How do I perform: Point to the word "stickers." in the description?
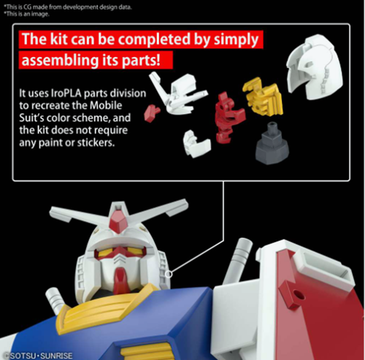tap(96, 142)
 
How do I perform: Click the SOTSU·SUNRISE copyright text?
tap(39, 356)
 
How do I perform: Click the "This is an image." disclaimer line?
tap(26, 14)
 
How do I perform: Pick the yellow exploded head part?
tap(264, 96)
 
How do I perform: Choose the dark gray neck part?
tap(272, 143)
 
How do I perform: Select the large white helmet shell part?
tap(315, 66)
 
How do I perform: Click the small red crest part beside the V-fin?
tap(151, 113)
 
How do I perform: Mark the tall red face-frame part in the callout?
tap(228, 118)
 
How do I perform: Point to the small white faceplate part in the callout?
tap(196, 144)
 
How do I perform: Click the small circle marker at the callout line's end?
tap(169, 275)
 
